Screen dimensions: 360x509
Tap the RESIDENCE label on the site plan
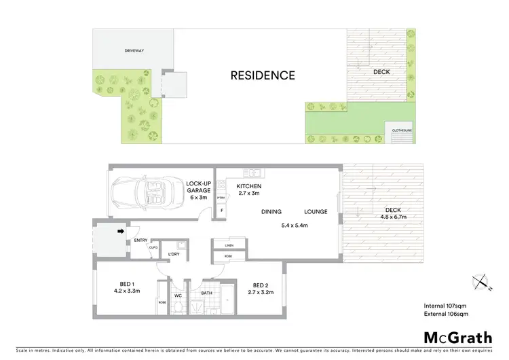[263, 75]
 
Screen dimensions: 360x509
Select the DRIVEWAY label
[134, 50]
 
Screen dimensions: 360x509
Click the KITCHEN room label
[249, 186]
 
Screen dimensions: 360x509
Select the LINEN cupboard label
[229, 245]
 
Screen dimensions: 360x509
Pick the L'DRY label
[173, 254]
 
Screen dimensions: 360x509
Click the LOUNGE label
[316, 211]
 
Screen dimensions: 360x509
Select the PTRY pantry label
[221, 198]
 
